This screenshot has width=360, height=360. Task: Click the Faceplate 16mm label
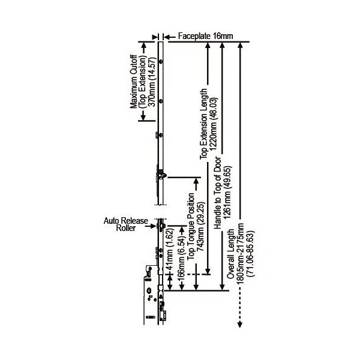205,36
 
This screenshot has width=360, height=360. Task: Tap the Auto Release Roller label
126,224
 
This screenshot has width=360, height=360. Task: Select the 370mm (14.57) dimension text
152,82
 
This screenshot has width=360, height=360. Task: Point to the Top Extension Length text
203,124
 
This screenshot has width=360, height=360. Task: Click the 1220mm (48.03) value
214,124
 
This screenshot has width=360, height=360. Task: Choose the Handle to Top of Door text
217,193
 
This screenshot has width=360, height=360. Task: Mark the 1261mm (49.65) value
228,193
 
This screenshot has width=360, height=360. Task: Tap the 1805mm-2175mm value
241,253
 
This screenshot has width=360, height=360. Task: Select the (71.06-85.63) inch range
250,254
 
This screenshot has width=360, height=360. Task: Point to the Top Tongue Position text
191,227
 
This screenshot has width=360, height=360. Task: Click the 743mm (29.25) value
201,227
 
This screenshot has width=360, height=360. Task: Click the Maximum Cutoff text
134,82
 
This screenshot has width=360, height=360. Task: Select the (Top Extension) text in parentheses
143,82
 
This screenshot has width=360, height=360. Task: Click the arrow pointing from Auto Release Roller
151,226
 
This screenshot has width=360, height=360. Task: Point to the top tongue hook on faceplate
161,175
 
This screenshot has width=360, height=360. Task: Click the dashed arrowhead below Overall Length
240,325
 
